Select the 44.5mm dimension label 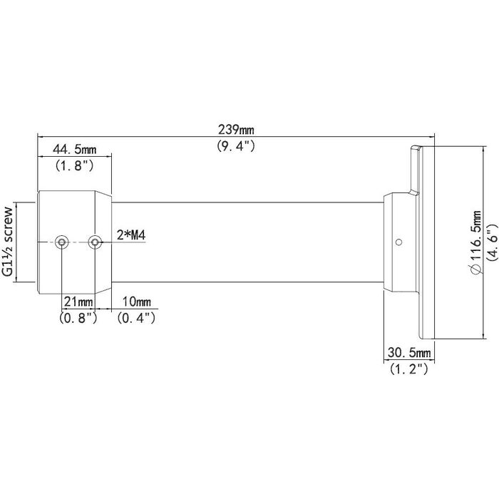[x=75, y=150]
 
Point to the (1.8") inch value [x=75, y=166]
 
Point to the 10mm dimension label [x=137, y=302]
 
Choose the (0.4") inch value [x=137, y=318]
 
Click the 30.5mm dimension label [x=409, y=354]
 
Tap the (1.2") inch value [x=409, y=369]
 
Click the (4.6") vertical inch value [x=490, y=242]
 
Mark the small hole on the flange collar [x=398, y=241]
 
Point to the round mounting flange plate [x=423, y=242]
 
